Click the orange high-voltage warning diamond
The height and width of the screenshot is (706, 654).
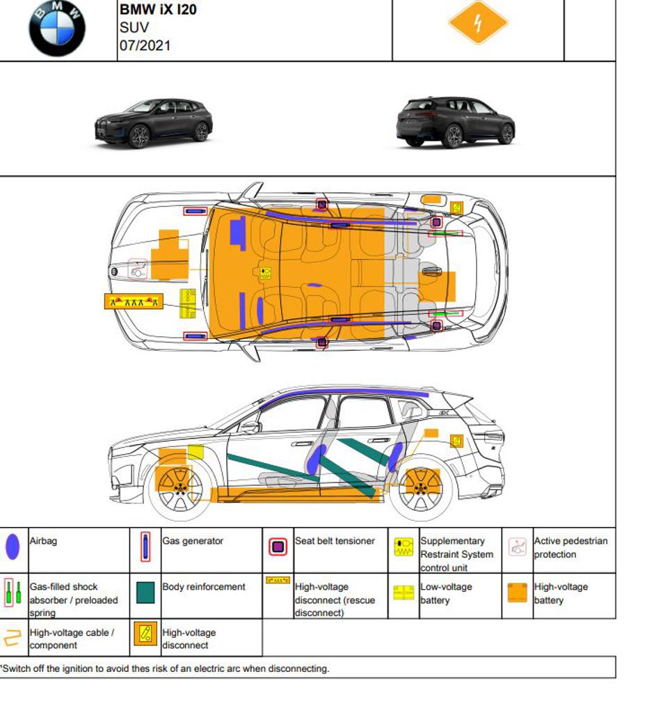coord(478,22)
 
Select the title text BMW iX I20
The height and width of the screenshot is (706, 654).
coord(158,10)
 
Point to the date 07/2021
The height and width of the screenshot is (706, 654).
coord(145,46)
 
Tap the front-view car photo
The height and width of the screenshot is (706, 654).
coord(154,123)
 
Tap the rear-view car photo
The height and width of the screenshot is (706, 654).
coord(455,122)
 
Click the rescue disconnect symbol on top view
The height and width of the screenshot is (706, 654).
coord(133,301)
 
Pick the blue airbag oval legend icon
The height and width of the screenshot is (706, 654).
coord(13,548)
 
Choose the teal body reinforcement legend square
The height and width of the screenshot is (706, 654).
coord(145,593)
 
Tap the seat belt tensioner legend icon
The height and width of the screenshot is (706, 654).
coord(278,547)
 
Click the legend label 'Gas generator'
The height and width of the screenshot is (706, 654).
coord(192,541)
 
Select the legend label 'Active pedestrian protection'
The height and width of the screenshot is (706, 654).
coord(570,547)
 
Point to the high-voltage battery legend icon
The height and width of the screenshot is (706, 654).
coord(517,593)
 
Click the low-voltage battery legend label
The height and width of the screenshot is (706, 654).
coord(445,593)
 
